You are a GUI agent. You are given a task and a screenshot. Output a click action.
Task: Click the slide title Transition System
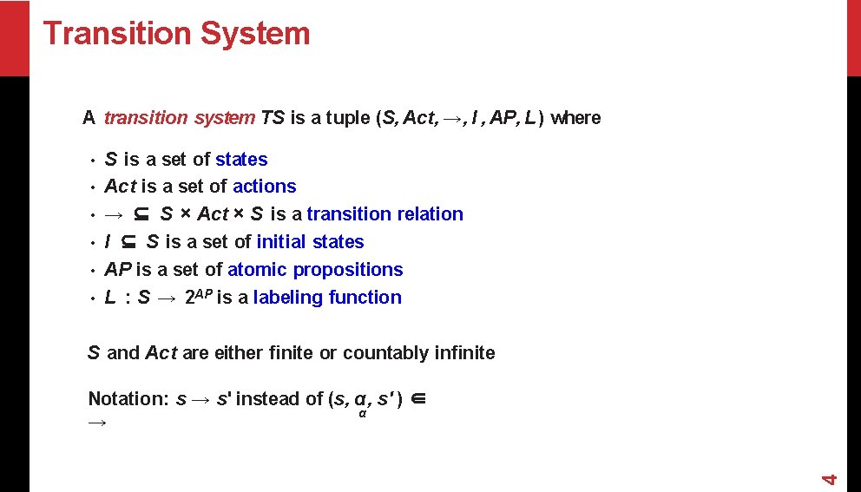coord(176,33)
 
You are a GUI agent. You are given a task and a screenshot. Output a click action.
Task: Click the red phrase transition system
coord(179,118)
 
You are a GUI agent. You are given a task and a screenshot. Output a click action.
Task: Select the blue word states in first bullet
coord(241,160)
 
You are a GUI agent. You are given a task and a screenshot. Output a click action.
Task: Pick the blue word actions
coord(264,187)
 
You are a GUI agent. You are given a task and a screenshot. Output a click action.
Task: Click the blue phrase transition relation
coord(384,214)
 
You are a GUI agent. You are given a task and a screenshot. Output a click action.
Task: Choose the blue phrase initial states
coord(310,242)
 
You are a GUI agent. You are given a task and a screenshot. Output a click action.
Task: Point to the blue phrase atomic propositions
coord(315,270)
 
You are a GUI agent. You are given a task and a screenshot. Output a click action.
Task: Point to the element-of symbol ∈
coord(417,399)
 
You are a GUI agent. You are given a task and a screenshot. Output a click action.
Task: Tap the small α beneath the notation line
coord(362,413)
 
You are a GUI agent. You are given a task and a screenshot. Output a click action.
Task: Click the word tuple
coord(348,118)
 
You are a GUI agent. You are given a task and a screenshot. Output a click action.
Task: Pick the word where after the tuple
coord(575,118)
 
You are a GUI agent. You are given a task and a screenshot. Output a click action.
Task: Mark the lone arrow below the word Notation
coord(97,423)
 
